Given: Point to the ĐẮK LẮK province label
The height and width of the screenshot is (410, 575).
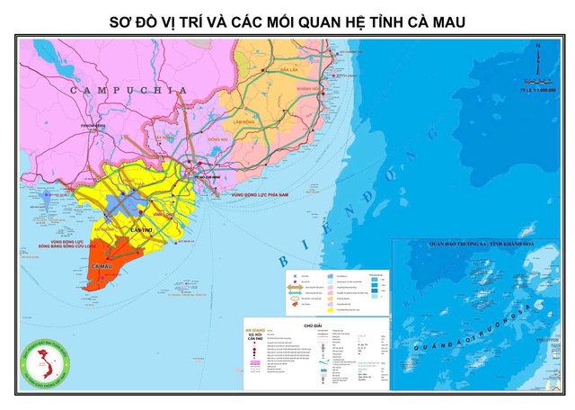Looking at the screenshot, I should pyautogui.click(x=288, y=69).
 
